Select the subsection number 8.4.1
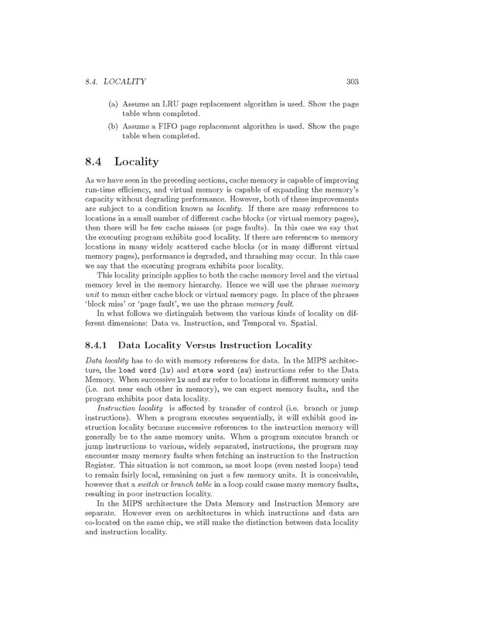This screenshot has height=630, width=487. (100, 344)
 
